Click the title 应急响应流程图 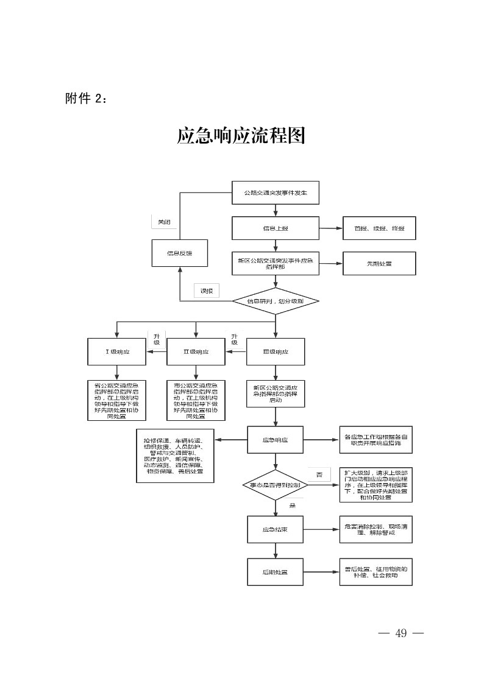pos(241,136)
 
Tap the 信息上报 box pos(275,228)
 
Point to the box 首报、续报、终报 pos(379,228)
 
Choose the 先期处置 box pos(379,264)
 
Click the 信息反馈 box pos(179,253)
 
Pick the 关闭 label pos(164,222)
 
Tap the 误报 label pos(207,291)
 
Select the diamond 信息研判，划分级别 pos(276,300)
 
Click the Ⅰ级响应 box pos(117,351)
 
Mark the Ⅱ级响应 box pos(196,351)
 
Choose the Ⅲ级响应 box pos(275,351)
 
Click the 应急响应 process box pos(275,439)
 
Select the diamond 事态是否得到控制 pos(276,485)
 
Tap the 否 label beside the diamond pos(319,474)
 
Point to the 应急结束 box pos(275,529)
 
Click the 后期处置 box pos(275,572)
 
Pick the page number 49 pos(400,633)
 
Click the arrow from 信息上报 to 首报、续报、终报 pos(330,228)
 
